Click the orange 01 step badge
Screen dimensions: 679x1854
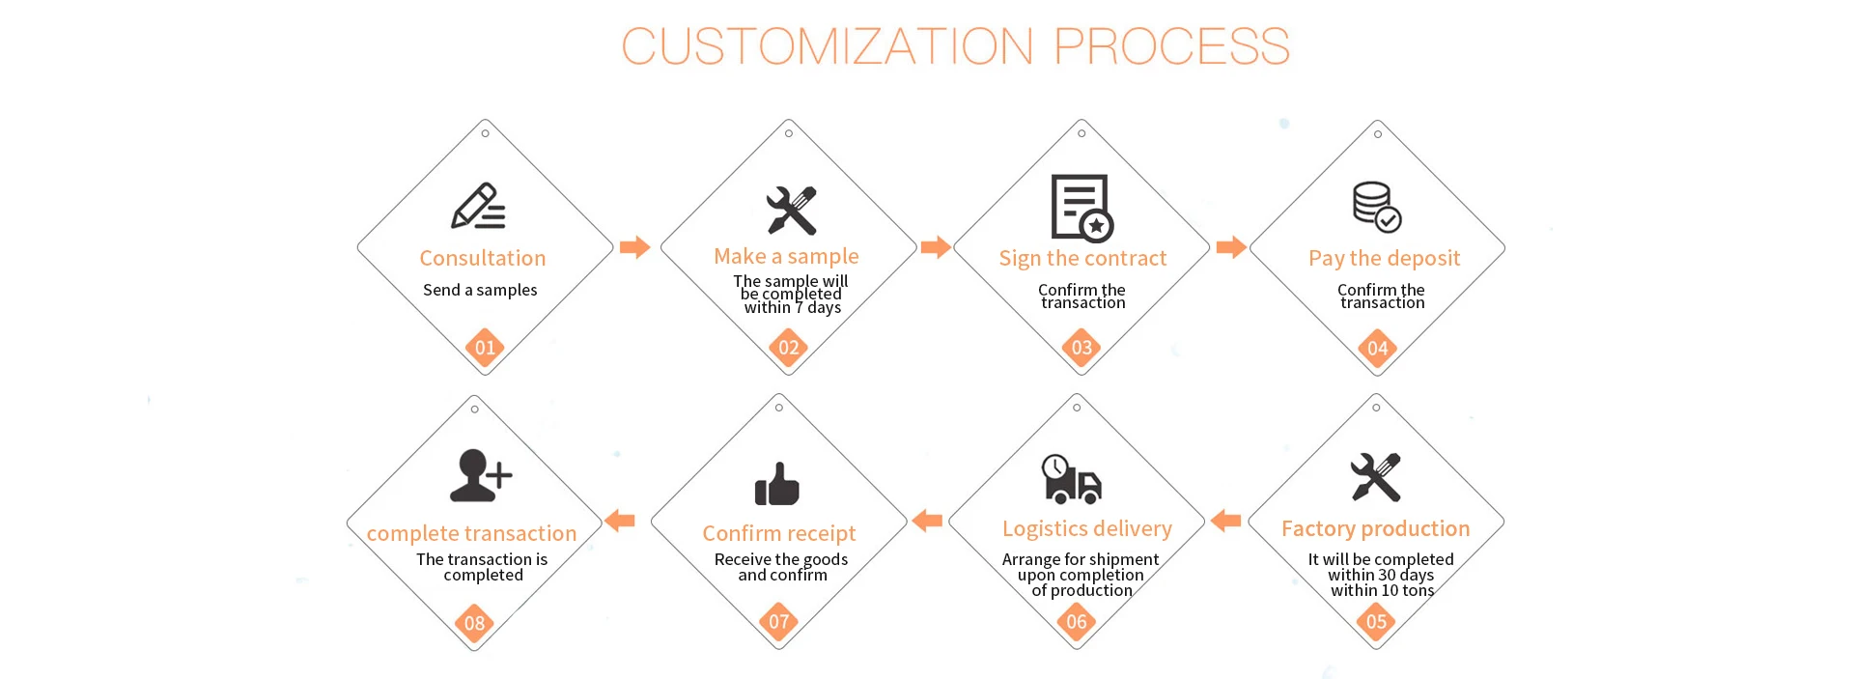pyautogui.click(x=485, y=348)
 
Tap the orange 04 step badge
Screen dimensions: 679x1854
pyautogui.click(x=1377, y=348)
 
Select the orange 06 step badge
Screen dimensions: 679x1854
pyautogui.click(x=1077, y=621)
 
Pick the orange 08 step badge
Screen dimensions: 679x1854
pyautogui.click(x=474, y=623)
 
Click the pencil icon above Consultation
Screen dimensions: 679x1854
pyautogui.click(x=478, y=206)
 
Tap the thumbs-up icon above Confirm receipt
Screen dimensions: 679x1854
pyautogui.click(x=777, y=483)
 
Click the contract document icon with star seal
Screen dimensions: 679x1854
pyautogui.click(x=1081, y=207)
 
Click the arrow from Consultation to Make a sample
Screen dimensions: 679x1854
pyautogui.click(x=634, y=247)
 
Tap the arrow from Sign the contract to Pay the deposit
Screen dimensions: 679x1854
pyautogui.click(x=1231, y=247)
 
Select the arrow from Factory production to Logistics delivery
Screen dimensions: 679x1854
pyautogui.click(x=1226, y=522)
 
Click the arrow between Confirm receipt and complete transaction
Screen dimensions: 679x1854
pyautogui.click(x=620, y=522)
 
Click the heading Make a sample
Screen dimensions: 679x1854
pyautogui.click(x=786, y=256)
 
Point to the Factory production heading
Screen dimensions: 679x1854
pyautogui.click(x=1375, y=528)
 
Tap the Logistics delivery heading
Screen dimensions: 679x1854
pyautogui.click(x=1086, y=528)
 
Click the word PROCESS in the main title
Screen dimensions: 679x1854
pyautogui.click(x=1171, y=46)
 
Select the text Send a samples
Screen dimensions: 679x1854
pyautogui.click(x=480, y=290)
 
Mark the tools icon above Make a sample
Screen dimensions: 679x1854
pyautogui.click(x=792, y=210)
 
